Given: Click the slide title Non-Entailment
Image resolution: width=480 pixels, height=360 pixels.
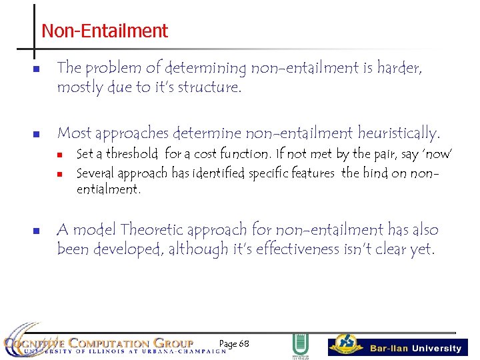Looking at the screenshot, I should point(105,31).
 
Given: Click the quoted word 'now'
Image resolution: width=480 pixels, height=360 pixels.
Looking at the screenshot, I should point(436,154).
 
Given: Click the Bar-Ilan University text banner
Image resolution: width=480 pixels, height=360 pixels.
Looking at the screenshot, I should point(415,348).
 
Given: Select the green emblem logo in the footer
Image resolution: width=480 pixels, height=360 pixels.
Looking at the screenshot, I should point(300,345).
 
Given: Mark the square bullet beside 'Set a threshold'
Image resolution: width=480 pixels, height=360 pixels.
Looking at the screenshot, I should point(59,155).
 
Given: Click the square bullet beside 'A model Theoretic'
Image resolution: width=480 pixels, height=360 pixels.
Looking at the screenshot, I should point(36,231).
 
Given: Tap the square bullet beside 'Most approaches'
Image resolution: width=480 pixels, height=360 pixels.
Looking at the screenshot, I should point(36,134).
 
